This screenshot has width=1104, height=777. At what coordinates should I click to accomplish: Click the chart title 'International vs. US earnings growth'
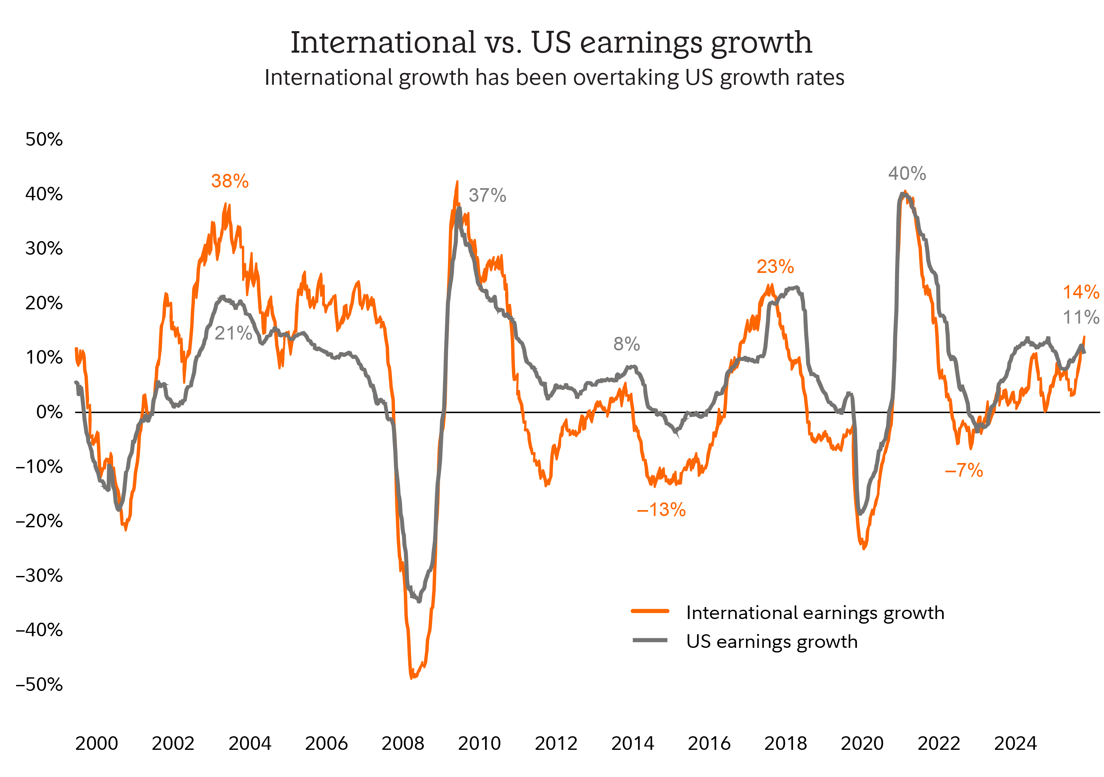552,43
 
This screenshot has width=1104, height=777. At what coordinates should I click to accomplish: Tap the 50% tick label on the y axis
44,139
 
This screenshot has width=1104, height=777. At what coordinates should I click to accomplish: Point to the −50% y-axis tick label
39,684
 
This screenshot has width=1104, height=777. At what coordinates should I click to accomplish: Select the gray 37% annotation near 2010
487,196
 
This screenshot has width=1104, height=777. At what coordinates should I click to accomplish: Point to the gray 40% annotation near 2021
907,174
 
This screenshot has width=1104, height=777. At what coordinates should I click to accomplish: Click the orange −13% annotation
661,510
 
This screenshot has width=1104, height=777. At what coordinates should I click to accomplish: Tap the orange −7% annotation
964,470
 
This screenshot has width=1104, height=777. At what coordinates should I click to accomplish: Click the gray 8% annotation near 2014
627,344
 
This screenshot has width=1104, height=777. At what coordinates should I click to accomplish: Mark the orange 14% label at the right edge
1080,292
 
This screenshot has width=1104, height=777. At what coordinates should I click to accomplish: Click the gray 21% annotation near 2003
233,333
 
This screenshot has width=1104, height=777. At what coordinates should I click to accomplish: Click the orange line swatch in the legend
650,611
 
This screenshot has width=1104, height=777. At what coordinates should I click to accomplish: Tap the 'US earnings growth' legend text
772,642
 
